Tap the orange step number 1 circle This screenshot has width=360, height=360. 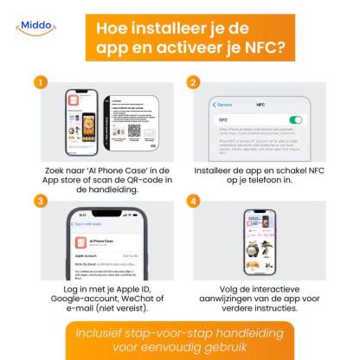tap(39, 83)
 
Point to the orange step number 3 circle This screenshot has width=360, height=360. tap(39, 201)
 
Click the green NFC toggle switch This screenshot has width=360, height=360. tap(297, 119)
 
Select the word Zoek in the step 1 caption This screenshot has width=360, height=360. tap(53, 172)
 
